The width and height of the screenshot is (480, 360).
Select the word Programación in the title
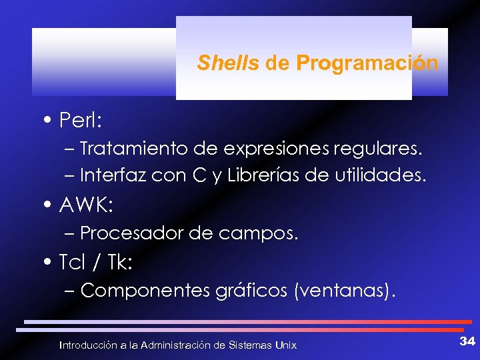pos(367,63)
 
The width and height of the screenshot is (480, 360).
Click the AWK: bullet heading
pos(86,206)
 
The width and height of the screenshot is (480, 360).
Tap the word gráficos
pos(251,291)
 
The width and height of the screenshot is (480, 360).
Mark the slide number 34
pos(467,342)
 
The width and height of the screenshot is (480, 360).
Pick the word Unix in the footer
pos(286,345)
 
